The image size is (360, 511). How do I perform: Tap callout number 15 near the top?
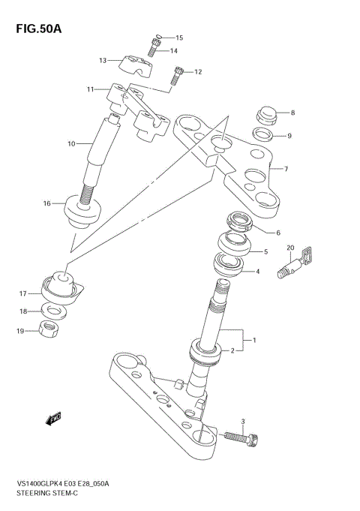tap(178, 38)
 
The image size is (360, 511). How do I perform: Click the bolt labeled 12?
tap(178, 74)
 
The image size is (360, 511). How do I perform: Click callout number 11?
tap(90, 89)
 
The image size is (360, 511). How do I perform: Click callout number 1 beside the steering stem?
tap(255, 340)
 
